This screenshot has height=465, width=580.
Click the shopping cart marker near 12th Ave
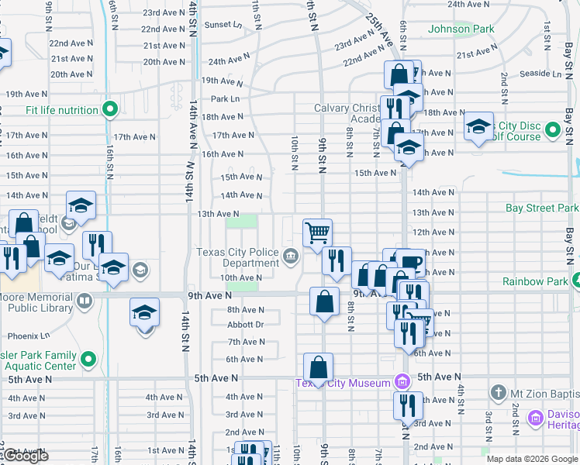317,232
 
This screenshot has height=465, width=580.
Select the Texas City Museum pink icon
402,381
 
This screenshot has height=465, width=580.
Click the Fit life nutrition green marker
109,109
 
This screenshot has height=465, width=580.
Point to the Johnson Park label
461,29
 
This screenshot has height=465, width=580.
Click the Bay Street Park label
541,208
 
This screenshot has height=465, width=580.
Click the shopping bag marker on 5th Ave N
318,369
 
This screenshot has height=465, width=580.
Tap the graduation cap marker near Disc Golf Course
478,126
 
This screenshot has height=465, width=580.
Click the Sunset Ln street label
223,25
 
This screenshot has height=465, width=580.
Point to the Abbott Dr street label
246,325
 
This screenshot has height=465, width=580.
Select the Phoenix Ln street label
29,336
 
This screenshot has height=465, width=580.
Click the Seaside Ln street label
542,74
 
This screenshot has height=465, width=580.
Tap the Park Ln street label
225,99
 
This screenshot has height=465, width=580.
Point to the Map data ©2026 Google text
532,459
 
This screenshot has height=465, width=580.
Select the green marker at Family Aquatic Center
88,360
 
